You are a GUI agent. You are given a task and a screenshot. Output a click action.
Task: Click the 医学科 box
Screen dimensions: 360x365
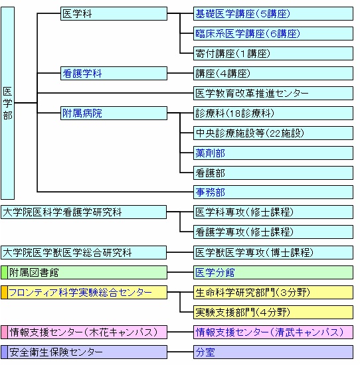point(114,14)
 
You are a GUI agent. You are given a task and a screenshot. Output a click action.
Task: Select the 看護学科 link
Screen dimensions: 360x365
point(82,74)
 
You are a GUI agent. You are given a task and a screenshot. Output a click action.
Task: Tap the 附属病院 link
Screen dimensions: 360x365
point(82,113)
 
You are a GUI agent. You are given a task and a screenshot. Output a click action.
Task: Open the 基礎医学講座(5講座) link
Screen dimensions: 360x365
point(243,14)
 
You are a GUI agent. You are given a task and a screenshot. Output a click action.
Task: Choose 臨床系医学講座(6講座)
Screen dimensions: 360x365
point(248,34)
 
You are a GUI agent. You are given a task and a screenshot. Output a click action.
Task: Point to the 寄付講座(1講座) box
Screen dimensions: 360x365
point(273,54)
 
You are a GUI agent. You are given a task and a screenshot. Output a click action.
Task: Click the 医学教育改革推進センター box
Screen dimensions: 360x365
point(273,94)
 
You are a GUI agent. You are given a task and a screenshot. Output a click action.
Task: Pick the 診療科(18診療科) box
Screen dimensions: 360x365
point(273,113)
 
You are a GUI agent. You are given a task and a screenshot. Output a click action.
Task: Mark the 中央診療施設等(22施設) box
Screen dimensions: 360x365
point(273,133)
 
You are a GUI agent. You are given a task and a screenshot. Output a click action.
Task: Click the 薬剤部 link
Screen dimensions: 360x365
point(210,153)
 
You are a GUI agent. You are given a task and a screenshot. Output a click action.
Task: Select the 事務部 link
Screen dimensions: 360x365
point(210,192)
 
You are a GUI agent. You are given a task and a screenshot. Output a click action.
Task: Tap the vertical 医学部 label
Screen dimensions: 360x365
point(8,104)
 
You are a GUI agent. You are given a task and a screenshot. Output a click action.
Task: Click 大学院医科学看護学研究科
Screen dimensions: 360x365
point(62,212)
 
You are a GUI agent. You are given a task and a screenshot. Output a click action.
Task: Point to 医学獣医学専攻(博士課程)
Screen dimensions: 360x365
point(254,253)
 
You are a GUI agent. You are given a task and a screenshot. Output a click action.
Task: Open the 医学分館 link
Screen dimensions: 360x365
point(215,273)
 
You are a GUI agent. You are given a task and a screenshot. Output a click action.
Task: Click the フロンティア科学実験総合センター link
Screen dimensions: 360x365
point(80,293)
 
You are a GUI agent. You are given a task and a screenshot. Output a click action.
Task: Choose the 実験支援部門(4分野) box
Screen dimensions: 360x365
point(273,313)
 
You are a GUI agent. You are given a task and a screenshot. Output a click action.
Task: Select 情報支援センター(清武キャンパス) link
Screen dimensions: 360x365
point(270,332)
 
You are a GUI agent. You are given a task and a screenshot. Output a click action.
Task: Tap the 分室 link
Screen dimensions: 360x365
point(205,352)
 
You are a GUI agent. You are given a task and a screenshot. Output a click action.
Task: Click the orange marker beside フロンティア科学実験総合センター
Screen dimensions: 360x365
point(4,293)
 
